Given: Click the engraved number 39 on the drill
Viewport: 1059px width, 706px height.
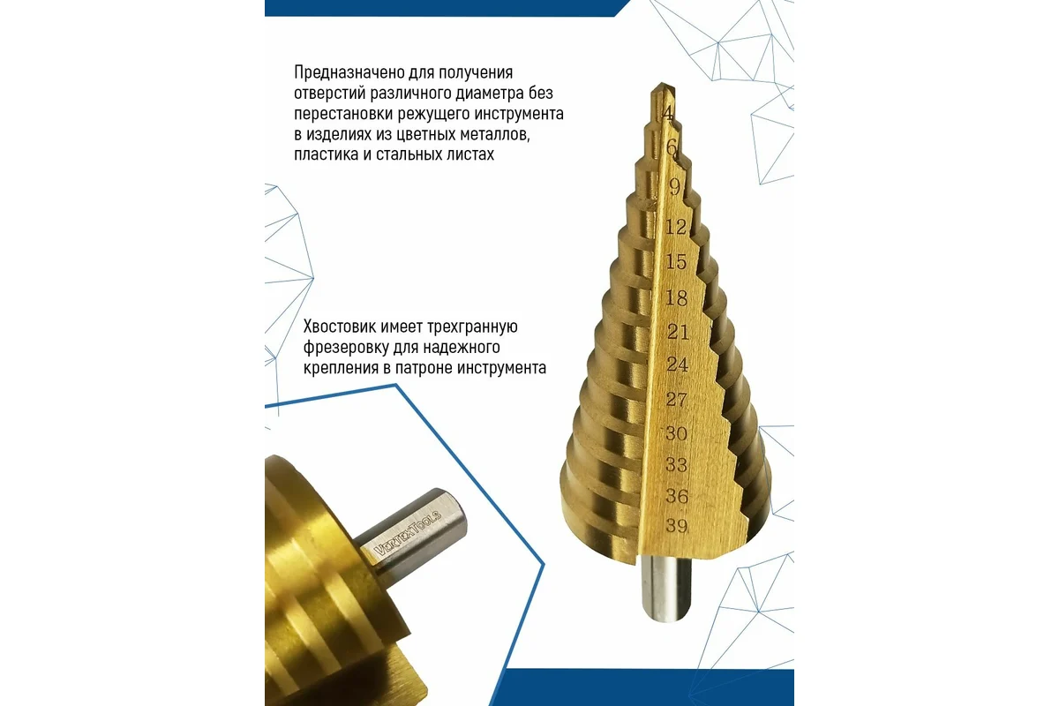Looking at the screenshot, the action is [677, 525].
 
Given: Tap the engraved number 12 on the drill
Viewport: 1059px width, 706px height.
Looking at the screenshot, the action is [676, 227].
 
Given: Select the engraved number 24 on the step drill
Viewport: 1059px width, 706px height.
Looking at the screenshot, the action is [678, 364].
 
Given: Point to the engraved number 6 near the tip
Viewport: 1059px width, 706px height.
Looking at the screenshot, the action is [672, 147].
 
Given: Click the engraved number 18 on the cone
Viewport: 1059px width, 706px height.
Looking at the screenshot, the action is [676, 298].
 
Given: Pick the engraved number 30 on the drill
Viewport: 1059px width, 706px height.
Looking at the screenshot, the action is [676, 433].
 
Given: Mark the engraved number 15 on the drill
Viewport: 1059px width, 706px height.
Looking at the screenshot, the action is [676, 261].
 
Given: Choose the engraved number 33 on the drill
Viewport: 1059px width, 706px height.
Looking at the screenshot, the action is [677, 465].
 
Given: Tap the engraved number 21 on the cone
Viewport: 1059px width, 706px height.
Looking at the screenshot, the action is [678, 332].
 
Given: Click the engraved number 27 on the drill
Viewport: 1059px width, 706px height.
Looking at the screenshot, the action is [677, 400].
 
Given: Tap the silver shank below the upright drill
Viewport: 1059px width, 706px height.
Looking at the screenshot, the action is [665, 589].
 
